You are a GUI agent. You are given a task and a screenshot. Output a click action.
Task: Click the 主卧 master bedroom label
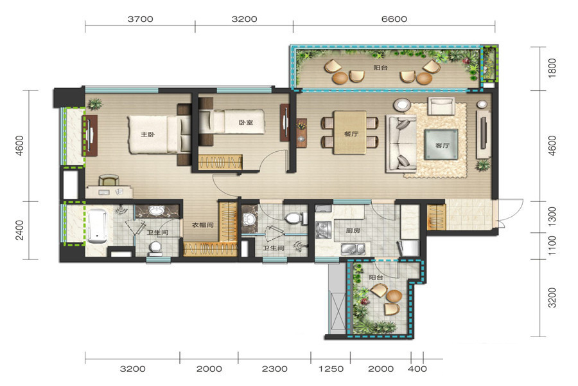pyautogui.click(x=148, y=134)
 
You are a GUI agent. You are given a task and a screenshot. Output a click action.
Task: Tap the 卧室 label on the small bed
pyautogui.click(x=246, y=122)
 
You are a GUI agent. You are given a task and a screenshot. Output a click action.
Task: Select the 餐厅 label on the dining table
pyautogui.click(x=351, y=134)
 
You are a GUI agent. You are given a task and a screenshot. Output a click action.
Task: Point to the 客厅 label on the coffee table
pyautogui.click(x=442, y=145)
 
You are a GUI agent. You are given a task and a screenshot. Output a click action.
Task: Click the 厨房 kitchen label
pyautogui.click(x=353, y=230)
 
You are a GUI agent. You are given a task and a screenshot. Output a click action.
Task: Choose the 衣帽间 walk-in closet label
pyautogui.click(x=202, y=225)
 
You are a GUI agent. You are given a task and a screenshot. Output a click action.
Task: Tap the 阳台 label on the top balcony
pyautogui.click(x=380, y=68)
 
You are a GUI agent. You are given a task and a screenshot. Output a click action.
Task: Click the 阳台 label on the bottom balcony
pyautogui.click(x=376, y=277)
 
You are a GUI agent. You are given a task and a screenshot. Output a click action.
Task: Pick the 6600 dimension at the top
pyautogui.click(x=394, y=19)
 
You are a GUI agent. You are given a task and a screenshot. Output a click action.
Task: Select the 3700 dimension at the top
pyautogui.click(x=140, y=19)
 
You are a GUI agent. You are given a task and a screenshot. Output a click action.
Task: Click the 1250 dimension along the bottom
pyautogui.click(x=331, y=369)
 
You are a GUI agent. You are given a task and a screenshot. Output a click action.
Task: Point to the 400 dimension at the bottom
pyautogui.click(x=417, y=369)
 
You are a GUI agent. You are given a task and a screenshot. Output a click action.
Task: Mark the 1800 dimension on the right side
pyautogui.click(x=552, y=68)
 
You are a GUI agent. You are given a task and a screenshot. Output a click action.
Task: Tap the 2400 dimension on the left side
pyautogui.click(x=19, y=230)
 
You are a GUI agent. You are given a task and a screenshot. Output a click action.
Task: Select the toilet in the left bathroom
pyautogui.click(x=155, y=248)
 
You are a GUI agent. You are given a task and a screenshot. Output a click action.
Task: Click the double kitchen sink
pyautogui.click(x=353, y=249)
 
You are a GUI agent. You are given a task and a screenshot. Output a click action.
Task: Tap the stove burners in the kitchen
pyautogui.click(x=324, y=230)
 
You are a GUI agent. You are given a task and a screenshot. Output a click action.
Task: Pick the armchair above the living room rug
pyautogui.click(x=441, y=106)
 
